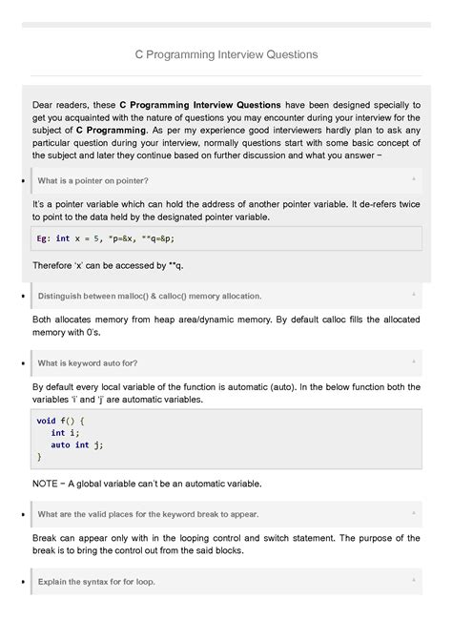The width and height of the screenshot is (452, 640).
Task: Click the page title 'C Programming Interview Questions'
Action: pyautogui.click(x=226, y=54)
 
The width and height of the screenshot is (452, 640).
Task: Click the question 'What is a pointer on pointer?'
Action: pyautogui.click(x=92, y=180)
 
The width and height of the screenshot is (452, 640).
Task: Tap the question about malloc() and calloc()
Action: pyautogui.click(x=149, y=296)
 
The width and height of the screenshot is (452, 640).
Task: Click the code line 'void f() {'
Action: pyautogui.click(x=61, y=420)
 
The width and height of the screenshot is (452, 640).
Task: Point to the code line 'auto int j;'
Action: pyautogui.click(x=76, y=444)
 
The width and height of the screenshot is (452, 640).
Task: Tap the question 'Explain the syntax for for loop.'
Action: pyautogui.click(x=96, y=581)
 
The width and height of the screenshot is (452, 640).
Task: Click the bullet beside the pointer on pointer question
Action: pyautogui.click(x=22, y=180)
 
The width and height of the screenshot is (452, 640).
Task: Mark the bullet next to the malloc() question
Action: pyautogui.click(x=22, y=297)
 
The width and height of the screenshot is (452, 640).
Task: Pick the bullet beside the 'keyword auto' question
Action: pyautogui.click(x=22, y=363)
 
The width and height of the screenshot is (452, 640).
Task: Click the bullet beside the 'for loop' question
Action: pyautogui.click(x=22, y=582)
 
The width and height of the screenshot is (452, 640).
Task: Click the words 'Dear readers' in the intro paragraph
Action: pyautogui.click(x=57, y=104)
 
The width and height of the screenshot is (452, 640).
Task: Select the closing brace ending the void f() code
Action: pyautogui.click(x=39, y=457)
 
